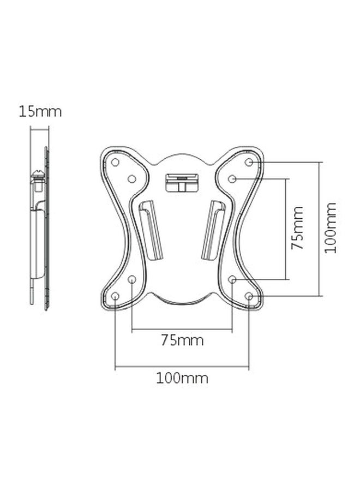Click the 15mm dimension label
[40, 112]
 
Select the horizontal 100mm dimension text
[182, 378]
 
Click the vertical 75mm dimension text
[297, 227]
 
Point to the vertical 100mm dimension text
[330, 227]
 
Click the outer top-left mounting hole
[115, 162]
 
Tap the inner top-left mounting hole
[131, 178]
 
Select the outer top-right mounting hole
[249, 162]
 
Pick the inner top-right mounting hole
[232, 178]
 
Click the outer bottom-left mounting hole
[115, 296]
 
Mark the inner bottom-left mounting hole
[131, 279]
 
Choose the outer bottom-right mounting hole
[249, 296]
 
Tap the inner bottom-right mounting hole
[232, 279]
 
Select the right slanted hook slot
[213, 229]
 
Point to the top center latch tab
[182, 181]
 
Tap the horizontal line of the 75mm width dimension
[182, 329]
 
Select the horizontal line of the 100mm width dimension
[182, 367]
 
